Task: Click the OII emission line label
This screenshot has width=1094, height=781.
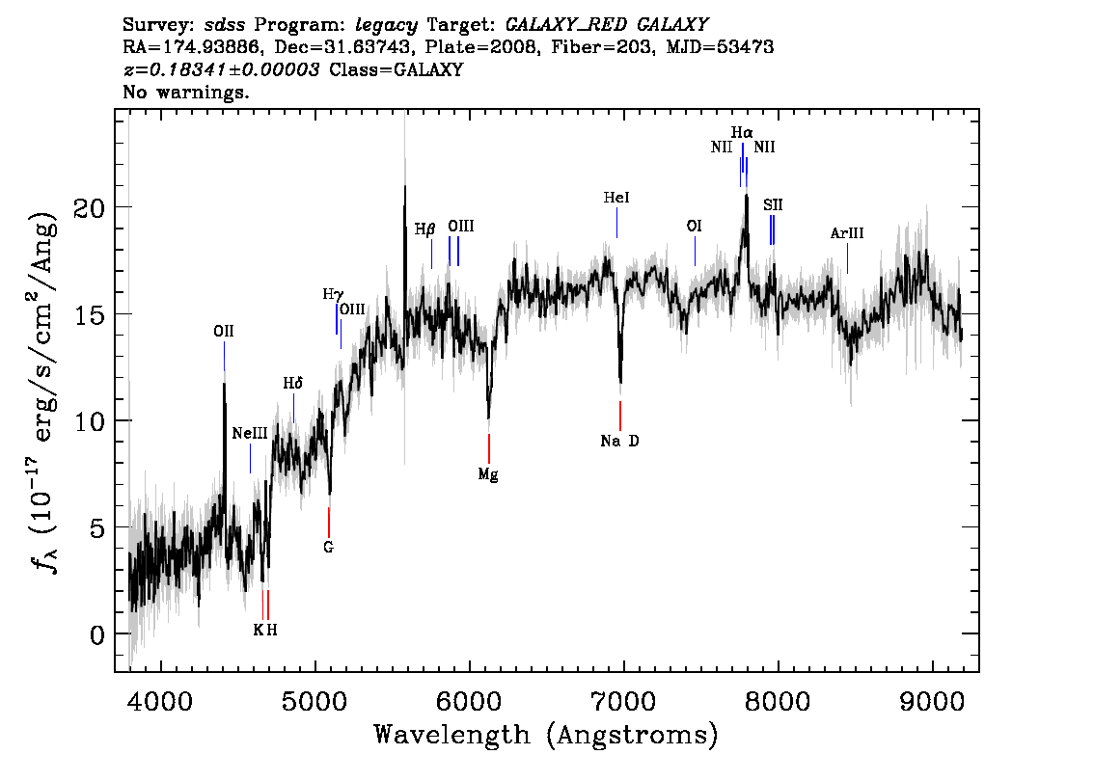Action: (x=224, y=332)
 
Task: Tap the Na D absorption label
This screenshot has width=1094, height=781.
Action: (x=619, y=441)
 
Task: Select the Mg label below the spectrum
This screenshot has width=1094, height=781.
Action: (x=488, y=475)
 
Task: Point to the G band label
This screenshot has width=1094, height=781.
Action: (x=329, y=548)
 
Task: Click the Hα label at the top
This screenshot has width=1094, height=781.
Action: (x=743, y=132)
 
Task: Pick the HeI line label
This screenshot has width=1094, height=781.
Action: (x=616, y=198)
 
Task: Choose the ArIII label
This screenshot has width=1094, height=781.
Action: (x=847, y=233)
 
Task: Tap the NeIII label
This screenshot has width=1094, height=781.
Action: (x=250, y=434)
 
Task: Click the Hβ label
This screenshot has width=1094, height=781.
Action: (x=424, y=229)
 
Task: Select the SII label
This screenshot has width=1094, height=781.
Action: (x=773, y=205)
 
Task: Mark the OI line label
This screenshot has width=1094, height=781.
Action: (x=695, y=226)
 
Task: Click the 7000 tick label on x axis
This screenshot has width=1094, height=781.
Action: (x=622, y=701)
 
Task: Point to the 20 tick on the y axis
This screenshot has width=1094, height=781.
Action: (x=90, y=207)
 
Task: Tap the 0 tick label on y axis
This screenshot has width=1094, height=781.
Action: (x=97, y=634)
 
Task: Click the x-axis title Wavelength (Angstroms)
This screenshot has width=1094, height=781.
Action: (x=546, y=735)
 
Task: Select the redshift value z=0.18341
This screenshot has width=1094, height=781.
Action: (x=222, y=69)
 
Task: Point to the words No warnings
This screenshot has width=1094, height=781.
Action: (x=185, y=92)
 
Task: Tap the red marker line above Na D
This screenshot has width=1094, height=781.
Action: (x=620, y=417)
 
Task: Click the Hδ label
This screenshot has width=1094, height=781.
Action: (x=293, y=384)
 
